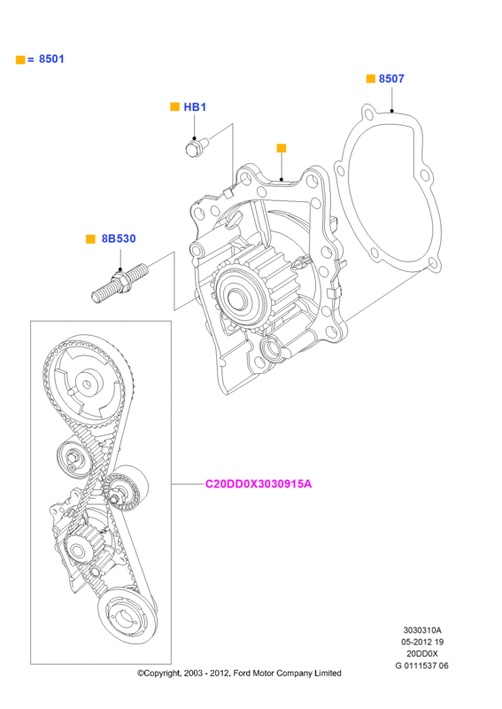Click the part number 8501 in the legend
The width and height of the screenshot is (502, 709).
tap(51, 58)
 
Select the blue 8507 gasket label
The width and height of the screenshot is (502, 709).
tap(391, 79)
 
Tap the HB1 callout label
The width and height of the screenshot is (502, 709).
tap(195, 107)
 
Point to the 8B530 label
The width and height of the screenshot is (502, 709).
tap(119, 238)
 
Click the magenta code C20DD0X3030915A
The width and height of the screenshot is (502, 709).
tap(259, 484)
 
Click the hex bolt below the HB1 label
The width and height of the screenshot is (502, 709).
tap(197, 147)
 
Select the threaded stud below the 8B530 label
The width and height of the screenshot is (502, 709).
tap(120, 283)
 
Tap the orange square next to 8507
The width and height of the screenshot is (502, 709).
tap(370, 79)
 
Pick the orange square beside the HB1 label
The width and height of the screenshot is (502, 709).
tap(175, 106)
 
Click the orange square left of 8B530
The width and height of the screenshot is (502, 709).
tap(90, 238)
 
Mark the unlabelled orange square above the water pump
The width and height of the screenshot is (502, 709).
tap(282, 148)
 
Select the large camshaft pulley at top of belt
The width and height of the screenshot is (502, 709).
tap(87, 384)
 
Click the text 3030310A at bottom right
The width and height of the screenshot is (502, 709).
tap(422, 630)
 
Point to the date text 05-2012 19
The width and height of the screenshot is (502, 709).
tap(422, 642)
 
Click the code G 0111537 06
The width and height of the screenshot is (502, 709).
tap(422, 666)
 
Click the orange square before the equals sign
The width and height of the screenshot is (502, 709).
tap(20, 59)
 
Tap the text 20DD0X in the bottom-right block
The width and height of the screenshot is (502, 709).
tap(422, 653)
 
